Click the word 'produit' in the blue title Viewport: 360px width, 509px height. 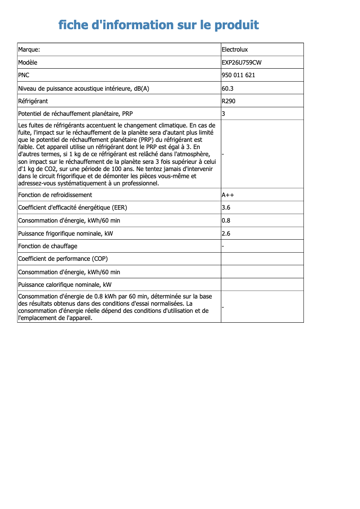click(237, 25)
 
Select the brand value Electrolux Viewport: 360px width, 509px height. click(234, 49)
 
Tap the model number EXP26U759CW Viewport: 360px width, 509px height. click(241, 62)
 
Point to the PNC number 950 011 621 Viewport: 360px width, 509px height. click(238, 75)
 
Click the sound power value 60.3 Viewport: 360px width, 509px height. click(228, 88)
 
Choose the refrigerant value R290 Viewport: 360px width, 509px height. click(228, 101)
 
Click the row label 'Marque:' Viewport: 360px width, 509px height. click(29, 49)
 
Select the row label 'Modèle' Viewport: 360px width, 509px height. click(28, 62)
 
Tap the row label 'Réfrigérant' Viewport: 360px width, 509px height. click(33, 101)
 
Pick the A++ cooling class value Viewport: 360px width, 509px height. click(228, 195)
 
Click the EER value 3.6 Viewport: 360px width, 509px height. click(226, 207)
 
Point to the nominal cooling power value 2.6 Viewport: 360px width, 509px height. click(226, 233)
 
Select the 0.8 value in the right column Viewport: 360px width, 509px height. click(226, 220)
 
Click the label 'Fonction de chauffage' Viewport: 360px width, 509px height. click(48, 246)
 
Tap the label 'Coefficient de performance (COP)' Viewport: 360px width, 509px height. click(63, 259)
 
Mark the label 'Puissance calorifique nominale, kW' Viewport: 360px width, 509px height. click(65, 285)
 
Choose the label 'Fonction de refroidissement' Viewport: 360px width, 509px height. click(55, 195)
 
